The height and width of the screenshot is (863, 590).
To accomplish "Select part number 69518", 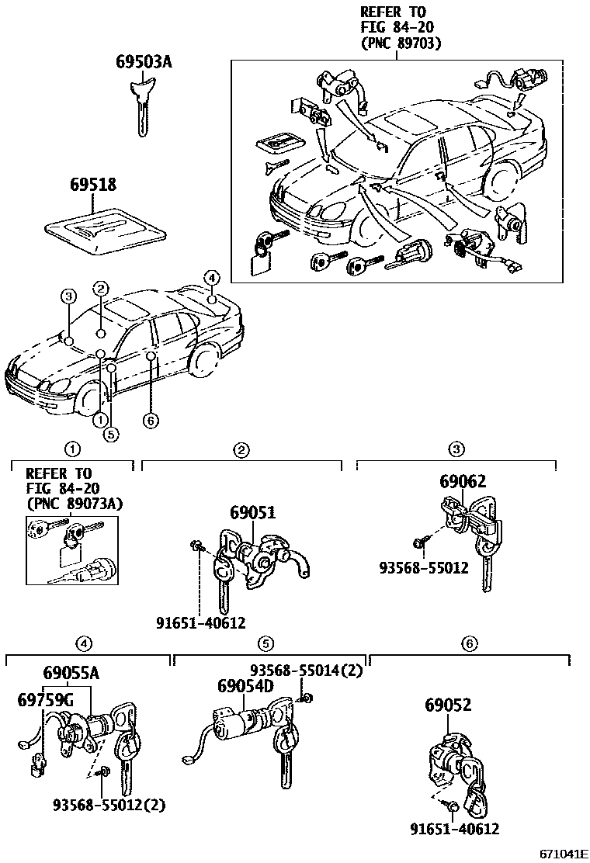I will point(92,185).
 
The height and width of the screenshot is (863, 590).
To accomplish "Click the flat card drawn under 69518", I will point(106,230).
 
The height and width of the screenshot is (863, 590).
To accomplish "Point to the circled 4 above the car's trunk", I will point(211,277).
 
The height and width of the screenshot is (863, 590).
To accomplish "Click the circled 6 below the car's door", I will point(151,421).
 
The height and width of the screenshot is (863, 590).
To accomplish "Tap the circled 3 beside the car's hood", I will point(68,296).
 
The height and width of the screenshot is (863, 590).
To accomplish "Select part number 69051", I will point(252,513).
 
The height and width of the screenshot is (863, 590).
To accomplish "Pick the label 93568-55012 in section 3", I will point(424,567).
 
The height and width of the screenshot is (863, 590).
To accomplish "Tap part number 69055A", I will point(71,673).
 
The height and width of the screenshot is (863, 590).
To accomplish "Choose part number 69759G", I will point(45,700).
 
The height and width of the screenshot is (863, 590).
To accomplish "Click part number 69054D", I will point(245,687).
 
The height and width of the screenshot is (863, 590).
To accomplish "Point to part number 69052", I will point(448,705).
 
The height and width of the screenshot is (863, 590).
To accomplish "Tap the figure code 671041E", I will point(563,854).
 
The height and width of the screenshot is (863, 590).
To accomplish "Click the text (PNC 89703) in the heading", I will point(401,43).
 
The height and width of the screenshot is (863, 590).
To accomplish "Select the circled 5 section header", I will point(266,643).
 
